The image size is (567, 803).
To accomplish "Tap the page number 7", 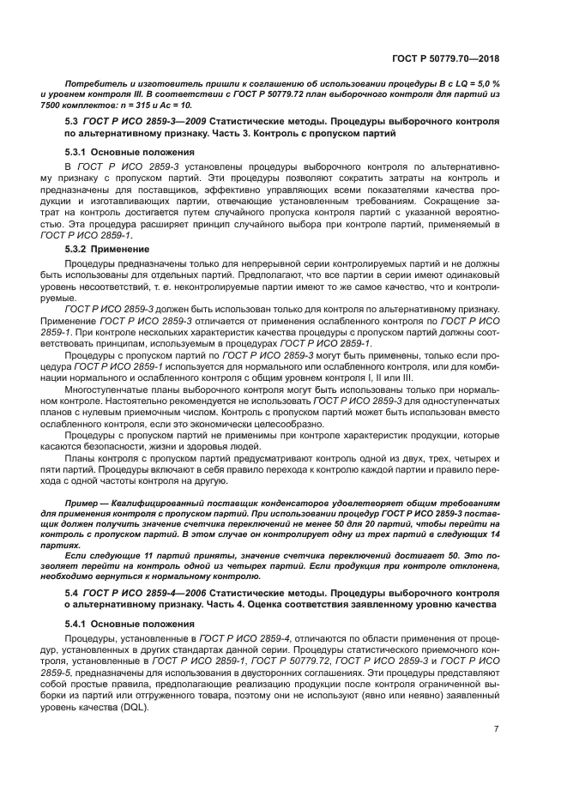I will click(x=496, y=729).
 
